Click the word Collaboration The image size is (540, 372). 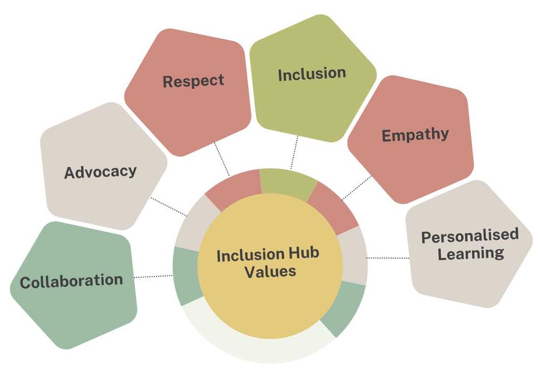[71, 281]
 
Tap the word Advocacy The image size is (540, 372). [100, 172]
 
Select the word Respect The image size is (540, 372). [194, 81]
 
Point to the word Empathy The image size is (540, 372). [415, 135]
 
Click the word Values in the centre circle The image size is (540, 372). [270, 272]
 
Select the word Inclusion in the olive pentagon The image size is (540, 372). [312, 74]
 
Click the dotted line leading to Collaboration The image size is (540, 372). [154, 277]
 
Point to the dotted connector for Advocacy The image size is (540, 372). [168, 207]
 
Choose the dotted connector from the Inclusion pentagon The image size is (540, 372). [295, 152]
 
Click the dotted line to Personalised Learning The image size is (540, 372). [387, 257]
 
